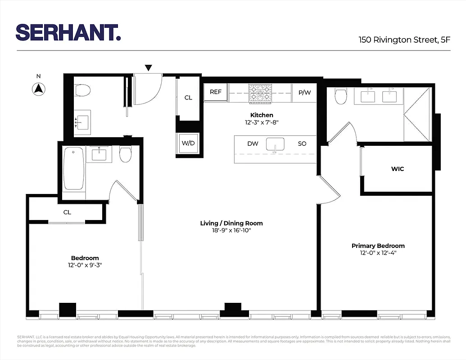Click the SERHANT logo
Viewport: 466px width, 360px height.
pos(68,32)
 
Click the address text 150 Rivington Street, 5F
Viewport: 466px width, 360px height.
pos(404,40)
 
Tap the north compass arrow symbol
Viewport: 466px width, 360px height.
pos(39,89)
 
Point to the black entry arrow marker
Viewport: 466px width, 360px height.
pos(149,68)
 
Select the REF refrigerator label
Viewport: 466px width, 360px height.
pos(216,92)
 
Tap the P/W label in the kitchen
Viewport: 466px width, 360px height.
pos(304,92)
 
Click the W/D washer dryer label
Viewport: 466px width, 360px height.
pos(188,144)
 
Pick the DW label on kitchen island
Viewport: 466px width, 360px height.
pos(253,144)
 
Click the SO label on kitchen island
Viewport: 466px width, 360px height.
pos(302,144)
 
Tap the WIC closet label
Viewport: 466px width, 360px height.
pos(398,169)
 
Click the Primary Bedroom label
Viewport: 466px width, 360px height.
pos(378,246)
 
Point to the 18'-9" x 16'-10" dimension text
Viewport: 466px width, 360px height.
pos(231,230)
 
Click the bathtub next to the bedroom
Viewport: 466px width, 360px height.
pos(74,169)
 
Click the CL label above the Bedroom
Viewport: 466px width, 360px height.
pos(67,212)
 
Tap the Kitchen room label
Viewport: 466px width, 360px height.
pos(262,115)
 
